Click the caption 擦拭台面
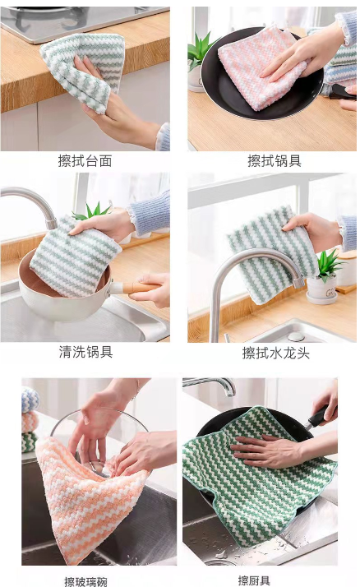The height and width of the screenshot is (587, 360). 85,161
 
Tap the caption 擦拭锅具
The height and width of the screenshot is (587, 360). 275,161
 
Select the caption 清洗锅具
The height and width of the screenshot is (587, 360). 85,352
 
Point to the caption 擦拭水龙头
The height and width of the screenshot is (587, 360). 276,353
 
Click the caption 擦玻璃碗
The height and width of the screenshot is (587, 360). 85,582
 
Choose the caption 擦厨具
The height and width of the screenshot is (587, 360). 254,580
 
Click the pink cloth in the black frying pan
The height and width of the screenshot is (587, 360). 258,67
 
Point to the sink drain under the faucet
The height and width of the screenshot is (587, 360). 296,336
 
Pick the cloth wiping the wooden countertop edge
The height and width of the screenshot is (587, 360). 83,72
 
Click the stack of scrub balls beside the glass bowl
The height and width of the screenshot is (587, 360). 30,420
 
